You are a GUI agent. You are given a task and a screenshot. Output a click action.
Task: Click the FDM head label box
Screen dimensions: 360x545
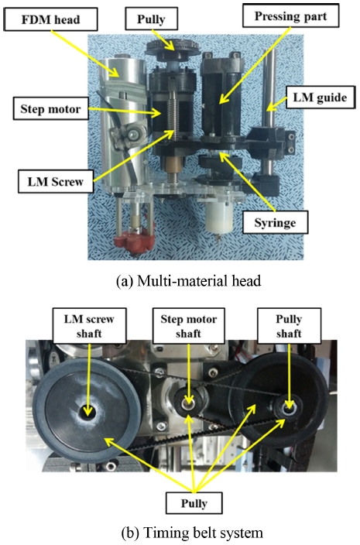click(50, 19)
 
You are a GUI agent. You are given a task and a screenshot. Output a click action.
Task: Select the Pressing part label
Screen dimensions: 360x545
click(290, 15)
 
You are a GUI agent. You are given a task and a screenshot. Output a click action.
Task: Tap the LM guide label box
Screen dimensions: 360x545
click(320, 98)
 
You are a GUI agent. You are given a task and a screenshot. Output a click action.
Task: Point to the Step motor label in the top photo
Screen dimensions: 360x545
click(51, 108)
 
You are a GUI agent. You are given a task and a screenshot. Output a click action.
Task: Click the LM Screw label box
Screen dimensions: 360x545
click(56, 181)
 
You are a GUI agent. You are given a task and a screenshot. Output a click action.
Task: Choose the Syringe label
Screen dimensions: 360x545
click(275, 222)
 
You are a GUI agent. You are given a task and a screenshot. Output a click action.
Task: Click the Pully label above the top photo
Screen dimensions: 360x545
click(151, 19)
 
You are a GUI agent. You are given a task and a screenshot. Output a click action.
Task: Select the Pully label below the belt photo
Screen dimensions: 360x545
click(194, 502)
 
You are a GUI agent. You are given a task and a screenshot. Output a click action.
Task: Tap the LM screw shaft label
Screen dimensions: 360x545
click(89, 326)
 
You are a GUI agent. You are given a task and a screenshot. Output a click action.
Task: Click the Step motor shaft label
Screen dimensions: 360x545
click(189, 326)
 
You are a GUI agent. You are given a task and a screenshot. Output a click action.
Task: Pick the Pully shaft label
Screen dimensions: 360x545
click(289, 326)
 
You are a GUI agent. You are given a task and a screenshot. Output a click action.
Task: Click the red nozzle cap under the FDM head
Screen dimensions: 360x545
click(135, 238)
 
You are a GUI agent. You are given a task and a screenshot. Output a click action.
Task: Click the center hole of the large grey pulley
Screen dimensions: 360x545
click(87, 412)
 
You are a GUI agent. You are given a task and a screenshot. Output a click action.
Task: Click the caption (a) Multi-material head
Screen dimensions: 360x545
click(188, 281)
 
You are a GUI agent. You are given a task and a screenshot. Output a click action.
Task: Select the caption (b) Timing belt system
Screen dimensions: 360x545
click(192, 532)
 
